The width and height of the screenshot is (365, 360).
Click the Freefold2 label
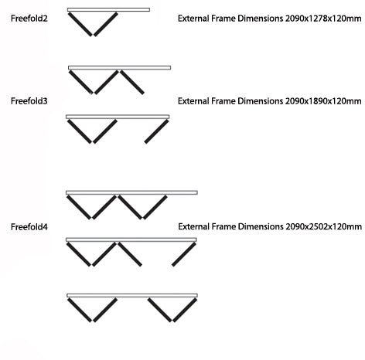pyautogui.click(x=29, y=19)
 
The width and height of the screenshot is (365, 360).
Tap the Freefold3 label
pyautogui.click(x=29, y=101)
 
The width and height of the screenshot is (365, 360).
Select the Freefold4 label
pyautogui.click(x=29, y=227)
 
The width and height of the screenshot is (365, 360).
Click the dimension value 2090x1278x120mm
pyautogui.click(x=323, y=19)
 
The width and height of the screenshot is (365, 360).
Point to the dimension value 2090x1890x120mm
pyautogui.click(x=323, y=101)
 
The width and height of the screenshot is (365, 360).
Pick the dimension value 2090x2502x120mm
pyautogui.click(x=324, y=226)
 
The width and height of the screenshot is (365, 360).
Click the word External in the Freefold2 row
pyautogui.click(x=193, y=19)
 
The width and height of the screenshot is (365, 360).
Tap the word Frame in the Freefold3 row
pyautogui.click(x=223, y=101)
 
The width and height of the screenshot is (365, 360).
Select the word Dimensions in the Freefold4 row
pyautogui.click(x=261, y=226)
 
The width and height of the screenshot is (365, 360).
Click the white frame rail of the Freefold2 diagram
pyautogui.click(x=108, y=10)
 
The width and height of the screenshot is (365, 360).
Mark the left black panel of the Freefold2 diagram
pyautogui.click(x=80, y=24)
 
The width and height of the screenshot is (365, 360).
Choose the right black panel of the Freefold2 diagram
pyautogui.click(x=106, y=24)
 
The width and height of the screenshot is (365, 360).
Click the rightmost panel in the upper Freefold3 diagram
pyautogui.click(x=132, y=82)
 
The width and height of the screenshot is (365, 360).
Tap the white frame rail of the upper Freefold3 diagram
pyautogui.click(x=119, y=68)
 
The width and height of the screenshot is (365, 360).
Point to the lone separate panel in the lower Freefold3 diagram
pyautogui.click(x=156, y=131)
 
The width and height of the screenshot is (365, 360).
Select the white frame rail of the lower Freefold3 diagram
pyautogui.click(x=118, y=117)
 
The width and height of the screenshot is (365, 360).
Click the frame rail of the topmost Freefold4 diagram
pyautogui.click(x=131, y=192)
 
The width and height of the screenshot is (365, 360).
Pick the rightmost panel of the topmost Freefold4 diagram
pyautogui.click(x=155, y=207)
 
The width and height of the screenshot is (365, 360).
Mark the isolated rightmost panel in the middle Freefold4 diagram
pyautogui.click(x=184, y=254)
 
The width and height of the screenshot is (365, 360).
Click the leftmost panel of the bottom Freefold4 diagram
pyautogui.click(x=80, y=310)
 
